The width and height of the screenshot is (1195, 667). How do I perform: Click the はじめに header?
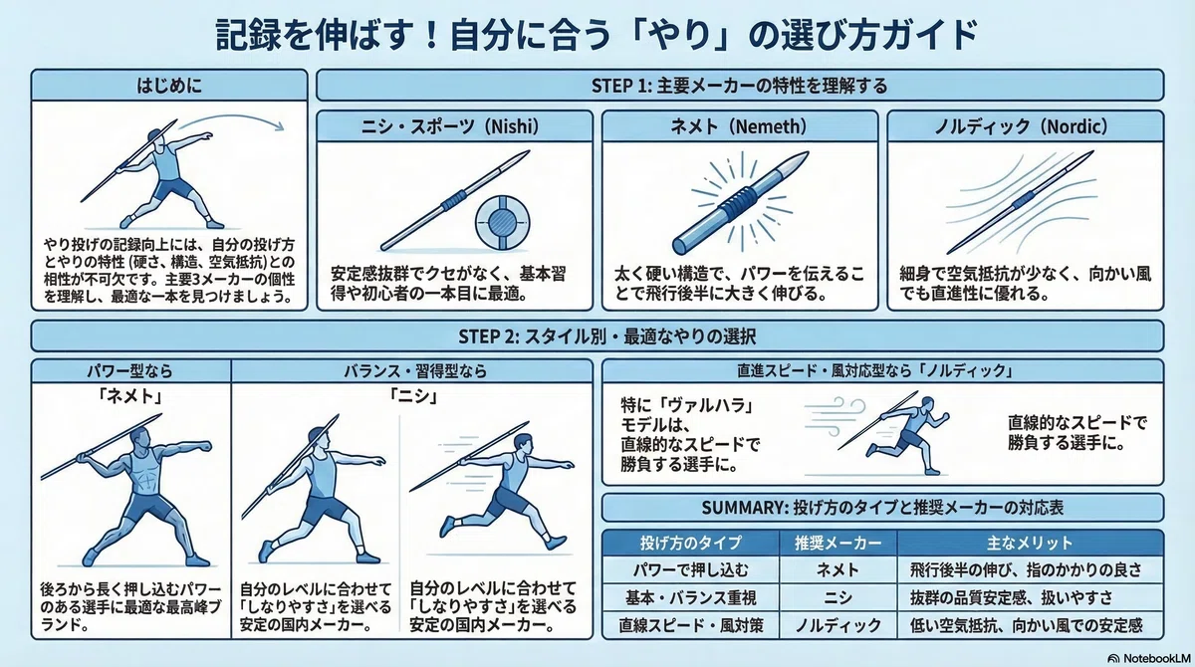[x=169, y=86]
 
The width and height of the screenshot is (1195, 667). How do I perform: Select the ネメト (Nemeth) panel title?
[x=739, y=126]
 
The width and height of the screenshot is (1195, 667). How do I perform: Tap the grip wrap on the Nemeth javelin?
[x=738, y=203]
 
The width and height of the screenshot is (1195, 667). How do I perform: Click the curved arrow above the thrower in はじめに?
[x=231, y=120]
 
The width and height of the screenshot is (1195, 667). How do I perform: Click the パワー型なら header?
[x=130, y=370]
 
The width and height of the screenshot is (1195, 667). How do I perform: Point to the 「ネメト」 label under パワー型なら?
[x=130, y=395]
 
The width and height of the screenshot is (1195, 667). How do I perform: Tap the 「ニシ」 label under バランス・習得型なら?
[x=413, y=395]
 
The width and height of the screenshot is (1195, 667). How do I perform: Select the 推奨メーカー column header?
[x=838, y=543]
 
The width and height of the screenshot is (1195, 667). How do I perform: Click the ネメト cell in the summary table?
[x=838, y=570]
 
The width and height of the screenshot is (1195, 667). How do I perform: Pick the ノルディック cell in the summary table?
[x=838, y=624]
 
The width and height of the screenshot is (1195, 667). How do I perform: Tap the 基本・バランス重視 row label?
[x=691, y=597]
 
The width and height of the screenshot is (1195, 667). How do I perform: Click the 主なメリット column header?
[x=1030, y=543]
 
